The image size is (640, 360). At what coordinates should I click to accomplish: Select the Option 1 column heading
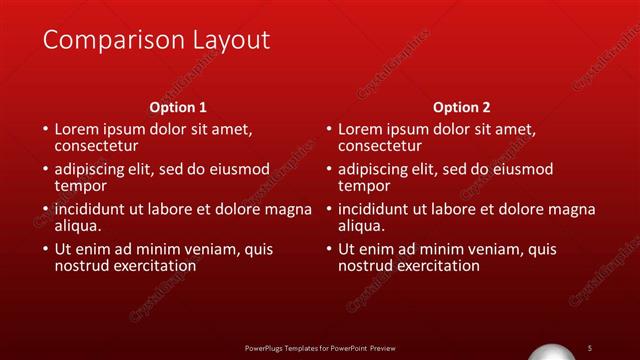pyautogui.click(x=178, y=106)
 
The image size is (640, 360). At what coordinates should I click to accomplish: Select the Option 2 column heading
pyautogui.click(x=462, y=106)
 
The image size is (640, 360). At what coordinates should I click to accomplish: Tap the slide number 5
pyautogui.click(x=590, y=347)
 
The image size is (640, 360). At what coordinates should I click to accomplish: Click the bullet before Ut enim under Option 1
pyautogui.click(x=44, y=249)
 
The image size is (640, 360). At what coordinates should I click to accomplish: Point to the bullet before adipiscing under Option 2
pyautogui.click(x=328, y=169)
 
